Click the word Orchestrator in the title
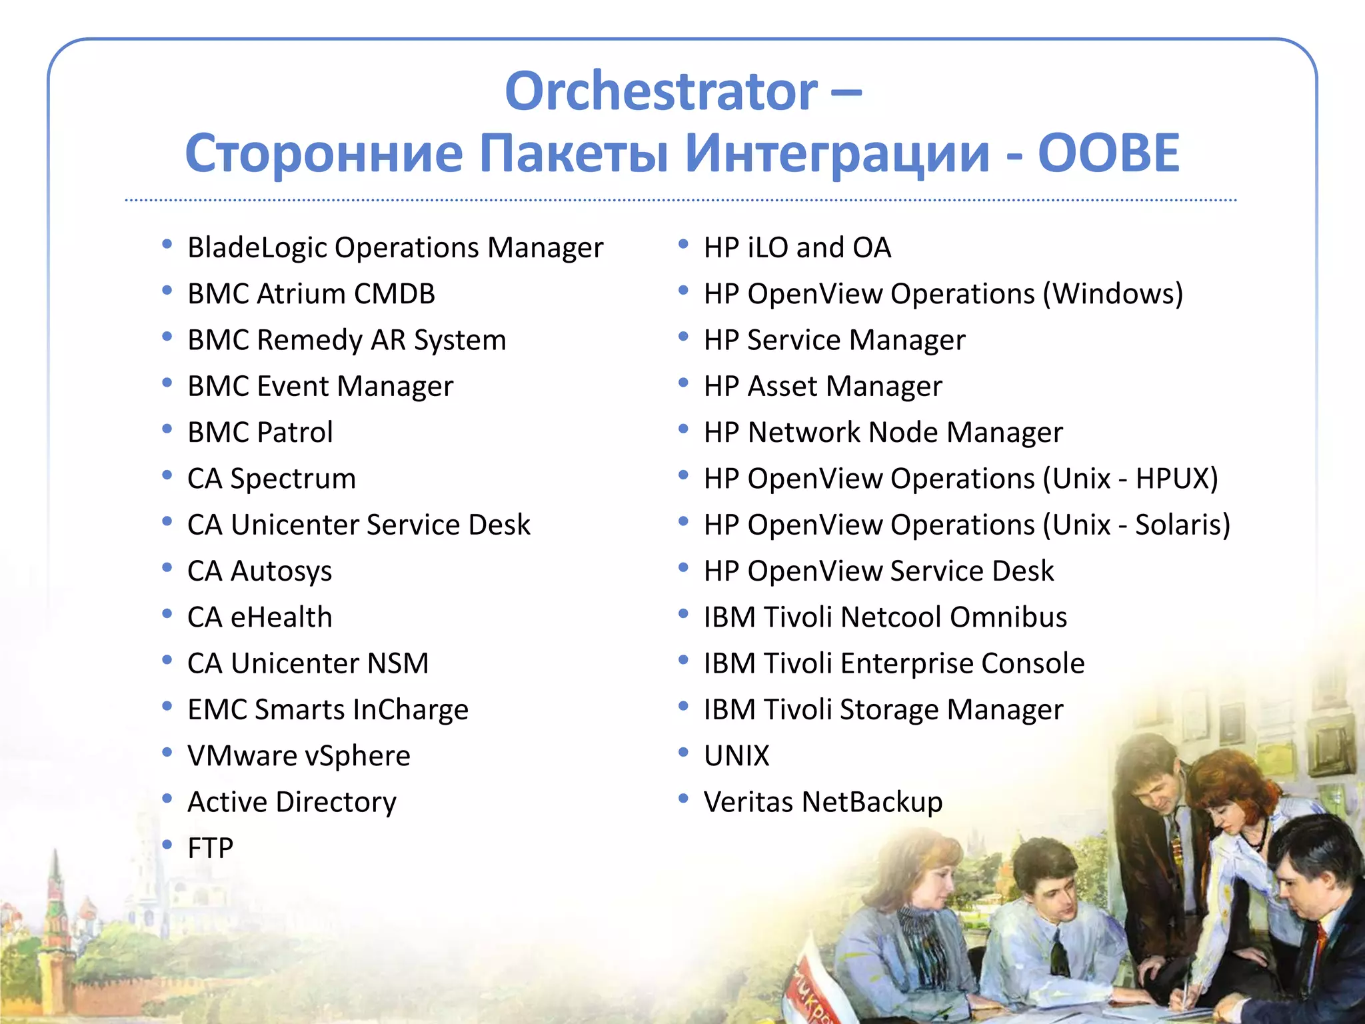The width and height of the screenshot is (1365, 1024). [661, 91]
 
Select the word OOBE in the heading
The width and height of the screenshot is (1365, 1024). [1108, 153]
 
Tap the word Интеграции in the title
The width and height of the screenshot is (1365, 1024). [837, 153]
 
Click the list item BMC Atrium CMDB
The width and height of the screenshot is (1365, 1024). [311, 294]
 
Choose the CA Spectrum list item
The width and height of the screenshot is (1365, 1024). [271, 479]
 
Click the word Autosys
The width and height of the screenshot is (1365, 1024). [281, 571]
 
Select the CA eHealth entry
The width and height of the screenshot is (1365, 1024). [259, 617]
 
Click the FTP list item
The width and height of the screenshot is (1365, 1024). [210, 848]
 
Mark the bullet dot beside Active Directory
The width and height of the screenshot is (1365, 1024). [167, 798]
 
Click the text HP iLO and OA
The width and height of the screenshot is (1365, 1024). [797, 248]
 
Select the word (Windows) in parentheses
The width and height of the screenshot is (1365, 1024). [1112, 294]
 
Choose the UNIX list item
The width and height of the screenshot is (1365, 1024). [736, 756]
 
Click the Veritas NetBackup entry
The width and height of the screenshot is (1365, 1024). [822, 802]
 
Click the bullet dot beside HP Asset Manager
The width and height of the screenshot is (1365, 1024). [683, 383]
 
